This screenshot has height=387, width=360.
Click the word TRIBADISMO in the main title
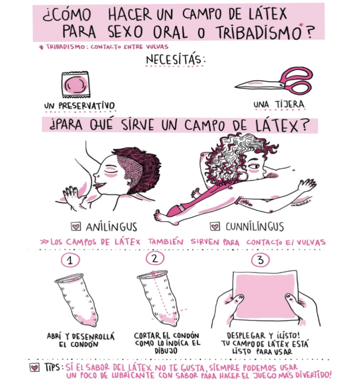[x=259, y=32]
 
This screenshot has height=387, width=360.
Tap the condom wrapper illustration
[x=75, y=85]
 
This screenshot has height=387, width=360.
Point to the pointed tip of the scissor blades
[x=235, y=86]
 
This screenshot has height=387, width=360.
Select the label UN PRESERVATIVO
[x=79, y=105]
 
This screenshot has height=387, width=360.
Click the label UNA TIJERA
[x=279, y=104]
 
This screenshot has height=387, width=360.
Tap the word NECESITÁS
[x=175, y=60]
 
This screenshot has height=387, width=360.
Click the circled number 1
[x=70, y=260]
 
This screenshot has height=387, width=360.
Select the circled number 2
[x=155, y=259]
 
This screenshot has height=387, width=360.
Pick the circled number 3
[x=260, y=260]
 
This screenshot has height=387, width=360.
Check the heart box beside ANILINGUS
[x=76, y=226]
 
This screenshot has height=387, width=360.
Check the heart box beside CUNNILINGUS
[x=215, y=226]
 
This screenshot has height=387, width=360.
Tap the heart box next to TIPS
[x=35, y=368]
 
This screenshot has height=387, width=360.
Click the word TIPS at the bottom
[x=52, y=367]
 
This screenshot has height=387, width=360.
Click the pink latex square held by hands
[x=265, y=295]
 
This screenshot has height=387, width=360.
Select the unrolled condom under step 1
[x=77, y=299]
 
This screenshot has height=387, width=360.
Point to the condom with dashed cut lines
[x=158, y=298]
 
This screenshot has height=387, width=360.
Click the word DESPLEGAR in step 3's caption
[x=246, y=336]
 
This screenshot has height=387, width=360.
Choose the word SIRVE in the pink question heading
[x=138, y=124]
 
